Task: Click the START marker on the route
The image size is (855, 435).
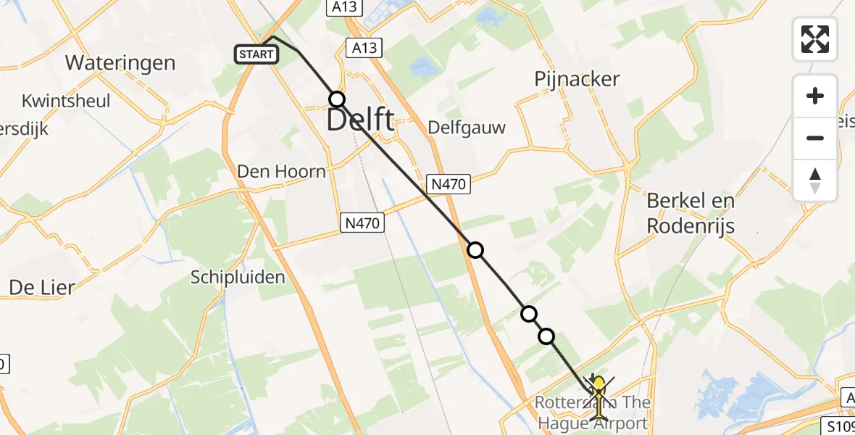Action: coord(256,54)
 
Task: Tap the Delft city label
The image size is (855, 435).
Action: coord(360,120)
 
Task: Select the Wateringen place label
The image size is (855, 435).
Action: coord(120,63)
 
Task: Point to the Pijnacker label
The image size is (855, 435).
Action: coord(577,79)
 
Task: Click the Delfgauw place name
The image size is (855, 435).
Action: coord(467,128)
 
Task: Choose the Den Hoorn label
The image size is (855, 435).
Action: coord(282,172)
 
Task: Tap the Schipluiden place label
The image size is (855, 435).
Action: coord(238,277)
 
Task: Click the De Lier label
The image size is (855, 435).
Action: coord(41,288)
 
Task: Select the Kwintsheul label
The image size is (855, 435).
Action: coord(66,101)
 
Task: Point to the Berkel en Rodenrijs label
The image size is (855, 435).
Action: coord(691,213)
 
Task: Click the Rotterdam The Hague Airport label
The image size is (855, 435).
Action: coord(593,413)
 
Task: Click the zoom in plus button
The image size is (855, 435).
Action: coord(815,96)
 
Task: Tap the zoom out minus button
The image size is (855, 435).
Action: coord(815,138)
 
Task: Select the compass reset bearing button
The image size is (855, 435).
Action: coord(815,180)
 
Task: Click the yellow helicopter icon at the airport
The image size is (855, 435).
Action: coord(598,395)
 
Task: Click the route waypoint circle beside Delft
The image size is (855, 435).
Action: coord(336,99)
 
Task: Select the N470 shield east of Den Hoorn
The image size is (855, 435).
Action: coord(362,224)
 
